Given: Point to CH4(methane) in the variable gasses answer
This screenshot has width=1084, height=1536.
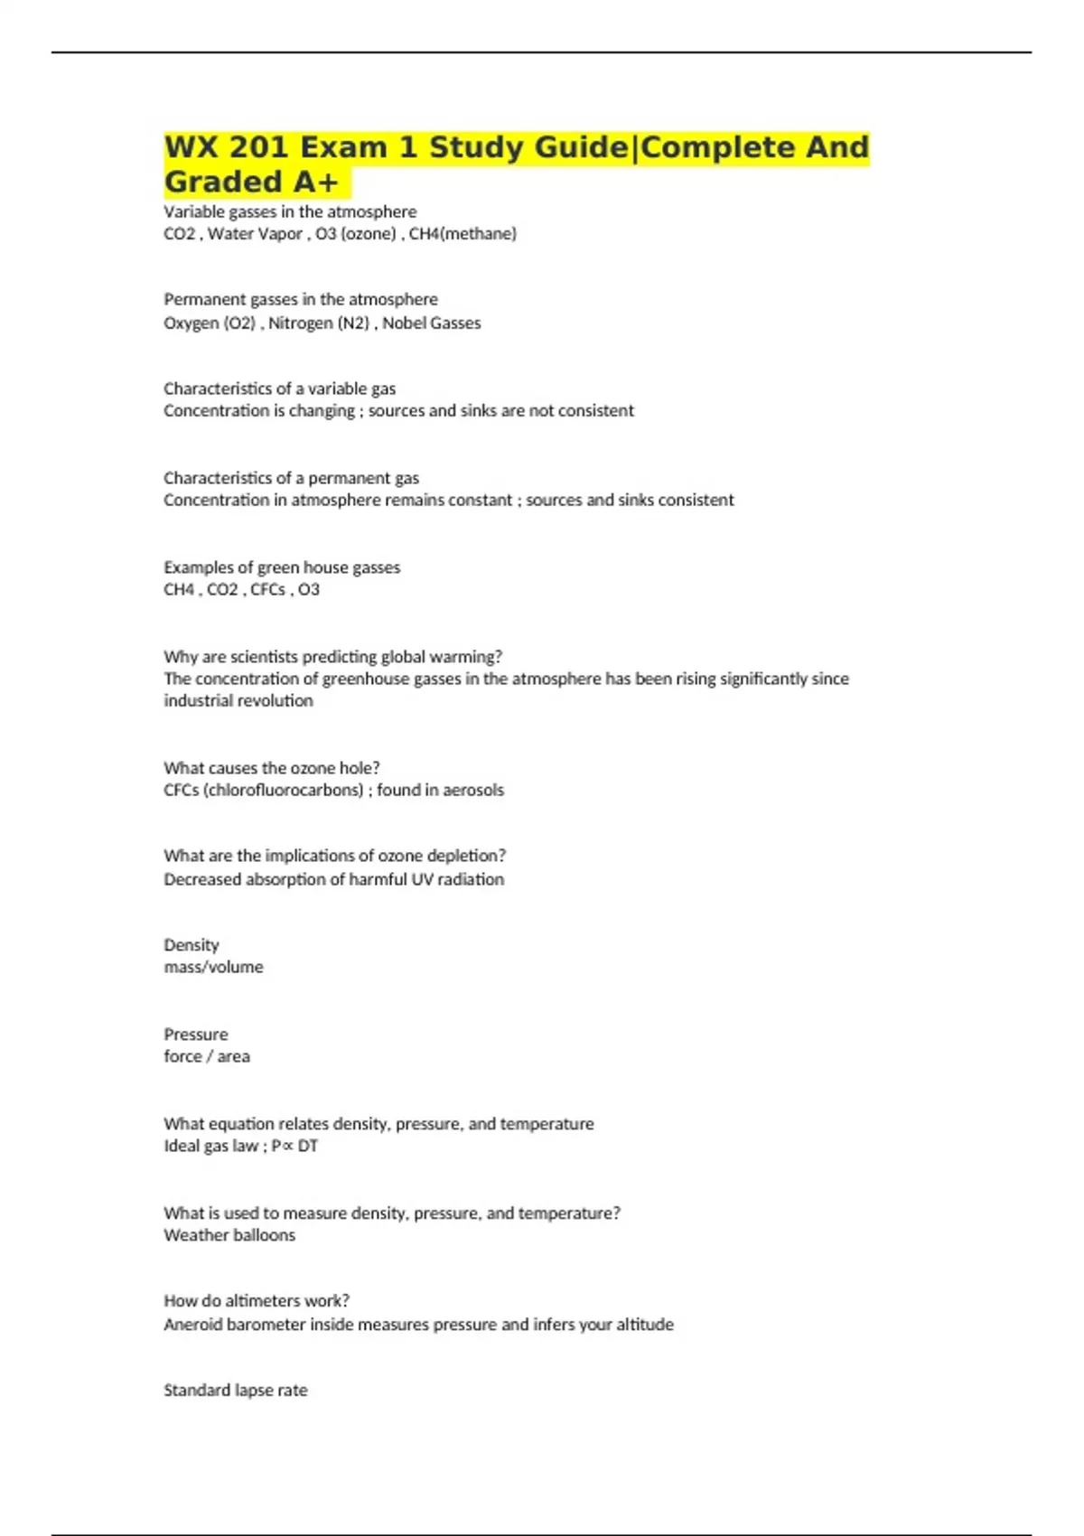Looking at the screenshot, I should point(463,234).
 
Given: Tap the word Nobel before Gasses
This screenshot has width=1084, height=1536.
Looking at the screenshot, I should point(404,323).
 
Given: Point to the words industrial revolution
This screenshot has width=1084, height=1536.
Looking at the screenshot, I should point(238,701).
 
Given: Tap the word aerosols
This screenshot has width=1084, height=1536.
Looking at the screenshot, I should point(473,791).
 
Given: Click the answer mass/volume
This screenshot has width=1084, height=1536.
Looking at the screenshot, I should point(213,968).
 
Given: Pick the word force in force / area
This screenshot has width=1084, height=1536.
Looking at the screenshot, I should point(182,1057).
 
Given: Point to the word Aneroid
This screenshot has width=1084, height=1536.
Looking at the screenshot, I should point(192,1325).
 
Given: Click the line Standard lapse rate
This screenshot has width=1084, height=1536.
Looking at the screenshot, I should point(235,1391).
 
